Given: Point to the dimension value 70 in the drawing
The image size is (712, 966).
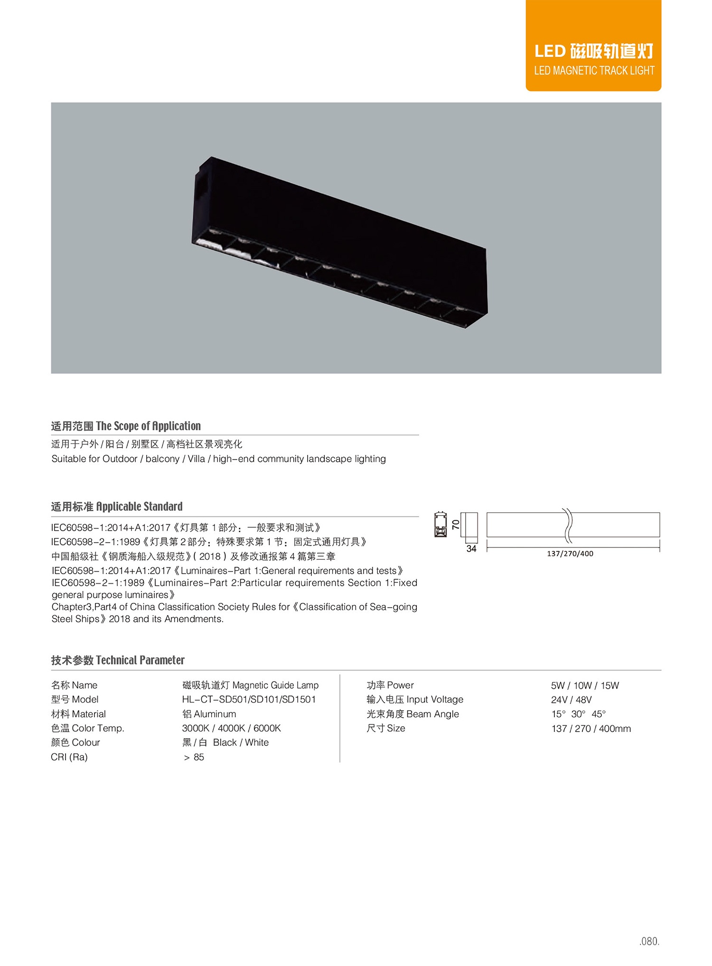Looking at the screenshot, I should pos(456,525).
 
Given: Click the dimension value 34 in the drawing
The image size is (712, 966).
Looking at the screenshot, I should pos(471,549).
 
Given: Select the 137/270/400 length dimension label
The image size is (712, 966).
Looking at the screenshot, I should pos(570,553).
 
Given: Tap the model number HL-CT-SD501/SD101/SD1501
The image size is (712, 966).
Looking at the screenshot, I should pos(249,699).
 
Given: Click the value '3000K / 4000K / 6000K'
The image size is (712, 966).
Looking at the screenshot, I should pos(231,728).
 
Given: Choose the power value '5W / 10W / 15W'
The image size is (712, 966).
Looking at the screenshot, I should pos(585,685).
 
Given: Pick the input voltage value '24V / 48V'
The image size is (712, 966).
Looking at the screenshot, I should pos(571,700).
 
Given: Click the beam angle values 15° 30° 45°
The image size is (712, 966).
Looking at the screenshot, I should pos(578,714).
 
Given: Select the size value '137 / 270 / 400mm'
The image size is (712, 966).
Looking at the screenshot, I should pos(591,729).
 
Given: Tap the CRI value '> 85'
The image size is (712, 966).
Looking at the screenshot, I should pos(194,757).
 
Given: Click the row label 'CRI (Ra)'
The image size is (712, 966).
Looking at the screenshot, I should pos(69,757).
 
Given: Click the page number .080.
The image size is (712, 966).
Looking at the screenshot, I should pos(649,941).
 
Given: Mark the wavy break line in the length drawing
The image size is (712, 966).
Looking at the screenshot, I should pos(568,525).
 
